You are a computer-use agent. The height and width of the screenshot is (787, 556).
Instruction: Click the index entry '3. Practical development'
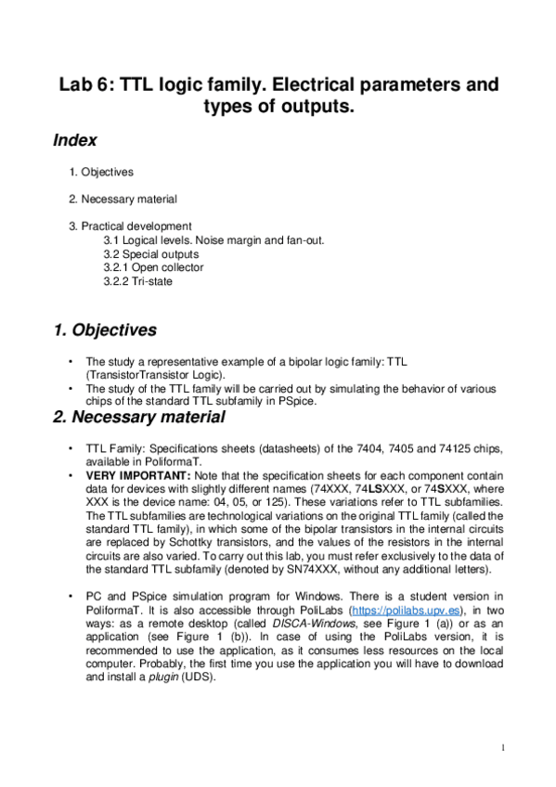click(130, 226)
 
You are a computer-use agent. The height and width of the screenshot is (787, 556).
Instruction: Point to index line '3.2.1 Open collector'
click(153, 267)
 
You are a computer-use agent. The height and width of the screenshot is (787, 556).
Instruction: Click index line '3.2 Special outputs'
click(150, 253)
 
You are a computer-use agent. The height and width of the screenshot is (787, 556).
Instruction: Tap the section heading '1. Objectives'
click(105, 330)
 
